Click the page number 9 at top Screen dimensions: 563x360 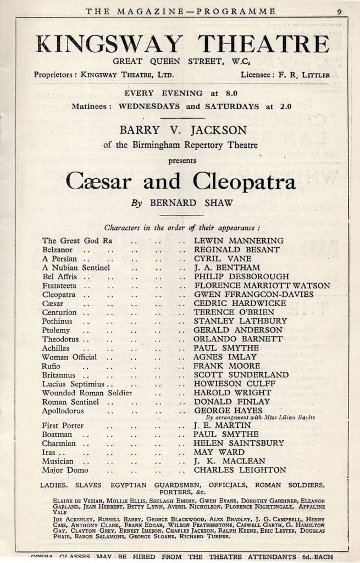(340, 11)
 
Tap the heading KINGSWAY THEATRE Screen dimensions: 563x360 (182, 44)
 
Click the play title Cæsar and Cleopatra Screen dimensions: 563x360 (181, 181)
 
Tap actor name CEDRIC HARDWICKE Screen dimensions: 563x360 (240, 303)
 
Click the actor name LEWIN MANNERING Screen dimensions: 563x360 (239, 241)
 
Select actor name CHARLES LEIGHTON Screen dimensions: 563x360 (240, 470)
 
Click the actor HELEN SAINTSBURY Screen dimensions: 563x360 (239, 443)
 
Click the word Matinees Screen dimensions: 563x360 (90, 106)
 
